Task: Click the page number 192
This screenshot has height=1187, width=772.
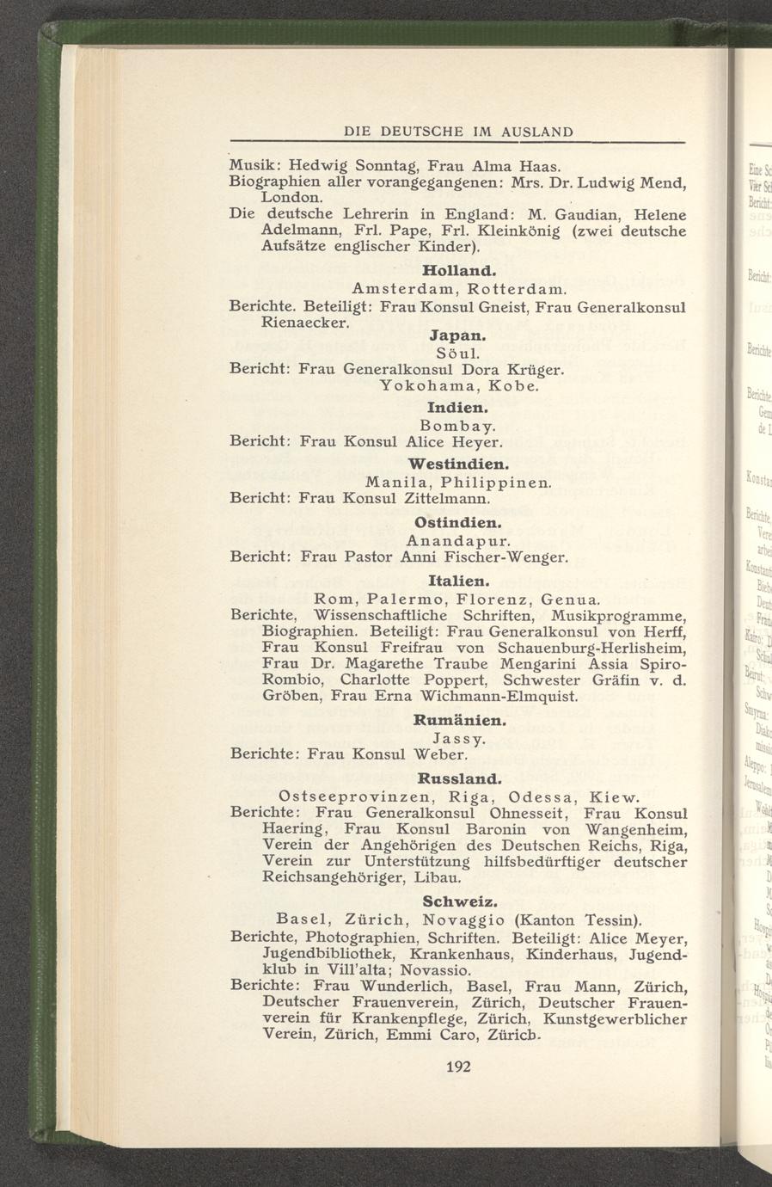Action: [x=460, y=1067]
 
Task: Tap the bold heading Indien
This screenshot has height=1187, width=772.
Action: [x=458, y=405]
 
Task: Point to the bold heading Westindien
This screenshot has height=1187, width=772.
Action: [x=458, y=464]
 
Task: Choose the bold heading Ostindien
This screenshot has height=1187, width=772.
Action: [x=458, y=522]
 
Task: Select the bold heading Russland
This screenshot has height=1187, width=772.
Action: [x=458, y=778]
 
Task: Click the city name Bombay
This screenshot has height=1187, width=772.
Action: [x=457, y=425]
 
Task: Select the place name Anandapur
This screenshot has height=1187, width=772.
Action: [x=458, y=541]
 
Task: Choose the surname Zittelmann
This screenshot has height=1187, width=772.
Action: [x=446, y=498]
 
